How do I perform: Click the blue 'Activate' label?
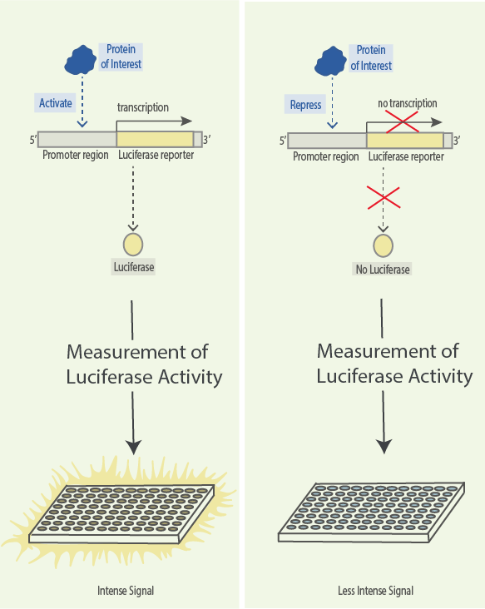click(x=55, y=103)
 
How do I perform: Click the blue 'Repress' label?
click(x=305, y=105)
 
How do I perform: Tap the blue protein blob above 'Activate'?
click(x=81, y=60)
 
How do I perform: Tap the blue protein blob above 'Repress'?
click(x=330, y=61)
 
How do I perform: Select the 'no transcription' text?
click(x=408, y=103)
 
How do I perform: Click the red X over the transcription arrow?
click(x=402, y=121)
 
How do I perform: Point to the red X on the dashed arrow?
click(x=384, y=198)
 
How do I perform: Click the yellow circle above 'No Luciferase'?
click(x=383, y=245)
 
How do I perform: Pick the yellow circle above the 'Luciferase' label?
click(x=133, y=245)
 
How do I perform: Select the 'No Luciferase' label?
click(x=383, y=270)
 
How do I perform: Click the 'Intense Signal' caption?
click(x=126, y=591)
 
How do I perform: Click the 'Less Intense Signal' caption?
click(x=375, y=591)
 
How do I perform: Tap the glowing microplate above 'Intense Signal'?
click(x=121, y=513)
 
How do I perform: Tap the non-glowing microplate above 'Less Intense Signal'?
click(x=372, y=512)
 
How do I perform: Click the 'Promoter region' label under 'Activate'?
click(x=76, y=155)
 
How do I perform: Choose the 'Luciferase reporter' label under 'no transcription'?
click(x=406, y=156)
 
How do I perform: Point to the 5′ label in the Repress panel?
click(x=283, y=141)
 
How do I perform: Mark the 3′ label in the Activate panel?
click(x=207, y=139)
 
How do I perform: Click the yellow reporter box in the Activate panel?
click(x=155, y=139)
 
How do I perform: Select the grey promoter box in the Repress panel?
click(x=327, y=141)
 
